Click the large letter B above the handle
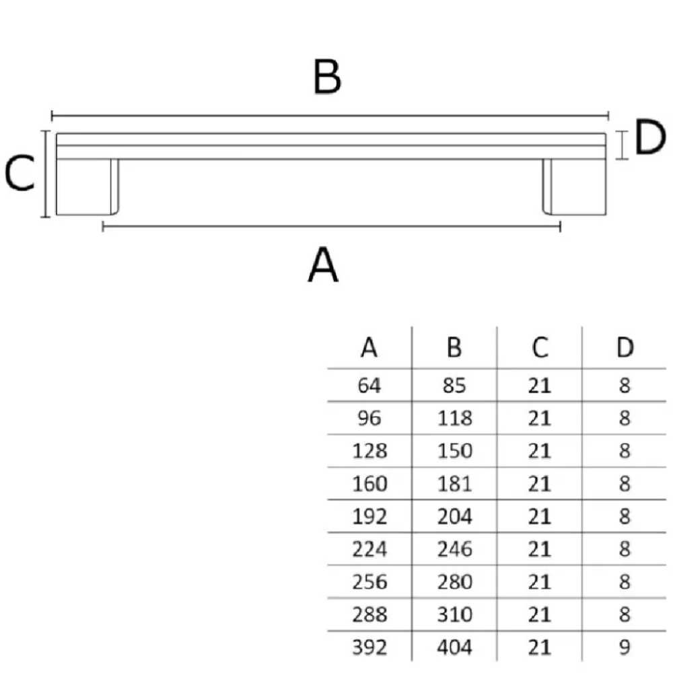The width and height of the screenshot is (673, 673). click(x=327, y=77)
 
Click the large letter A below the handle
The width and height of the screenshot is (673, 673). click(x=323, y=264)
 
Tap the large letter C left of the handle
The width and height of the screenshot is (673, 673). click(x=20, y=172)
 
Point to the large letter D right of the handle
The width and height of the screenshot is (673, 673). click(x=650, y=137)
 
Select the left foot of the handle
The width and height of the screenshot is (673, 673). click(x=87, y=186)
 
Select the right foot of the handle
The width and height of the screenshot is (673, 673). click(x=574, y=186)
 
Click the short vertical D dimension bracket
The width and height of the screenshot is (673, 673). click(x=621, y=145)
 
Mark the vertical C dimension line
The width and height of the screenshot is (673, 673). click(x=45, y=174)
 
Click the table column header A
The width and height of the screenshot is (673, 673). click(x=369, y=347)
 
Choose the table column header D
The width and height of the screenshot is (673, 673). click(x=625, y=347)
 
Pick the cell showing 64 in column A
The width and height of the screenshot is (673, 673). click(x=369, y=386)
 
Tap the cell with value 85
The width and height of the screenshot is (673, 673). click(x=454, y=386)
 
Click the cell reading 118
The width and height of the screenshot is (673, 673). click(x=454, y=418)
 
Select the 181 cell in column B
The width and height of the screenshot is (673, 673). click(x=454, y=484)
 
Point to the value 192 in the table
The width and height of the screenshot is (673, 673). click(x=369, y=516)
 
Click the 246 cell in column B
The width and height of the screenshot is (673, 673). click(x=454, y=549)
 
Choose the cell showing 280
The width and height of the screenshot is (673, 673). click(x=454, y=582)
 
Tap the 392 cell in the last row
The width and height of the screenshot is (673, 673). click(x=369, y=647)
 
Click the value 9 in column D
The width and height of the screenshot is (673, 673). click(x=625, y=647)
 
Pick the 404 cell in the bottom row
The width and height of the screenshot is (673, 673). click(x=454, y=647)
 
